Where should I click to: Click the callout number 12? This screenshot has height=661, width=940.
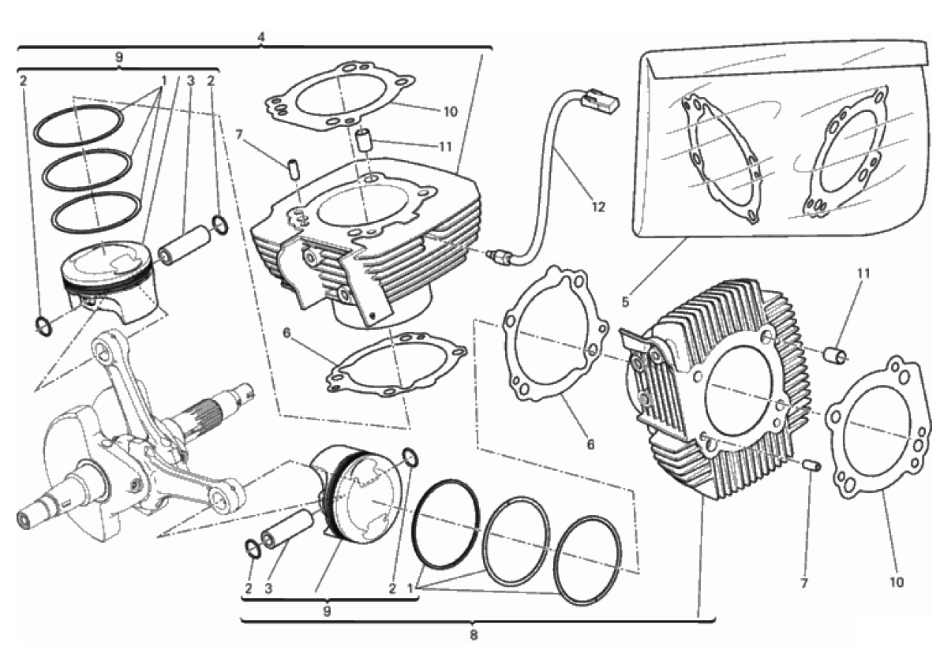598,207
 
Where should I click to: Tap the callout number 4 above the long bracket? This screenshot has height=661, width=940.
260,37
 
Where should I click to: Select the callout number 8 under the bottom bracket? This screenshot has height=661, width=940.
474,635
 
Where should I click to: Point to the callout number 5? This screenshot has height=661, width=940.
626,302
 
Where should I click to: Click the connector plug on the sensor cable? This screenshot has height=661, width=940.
600,100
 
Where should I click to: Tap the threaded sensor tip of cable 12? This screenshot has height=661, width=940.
495,256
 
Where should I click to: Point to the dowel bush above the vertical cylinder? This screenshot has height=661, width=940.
364,139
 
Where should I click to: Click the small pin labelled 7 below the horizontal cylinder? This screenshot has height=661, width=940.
811,465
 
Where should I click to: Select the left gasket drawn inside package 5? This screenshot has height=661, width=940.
719,157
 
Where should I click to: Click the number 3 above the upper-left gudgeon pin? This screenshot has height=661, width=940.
191,80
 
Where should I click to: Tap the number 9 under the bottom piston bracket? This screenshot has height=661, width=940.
327,611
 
